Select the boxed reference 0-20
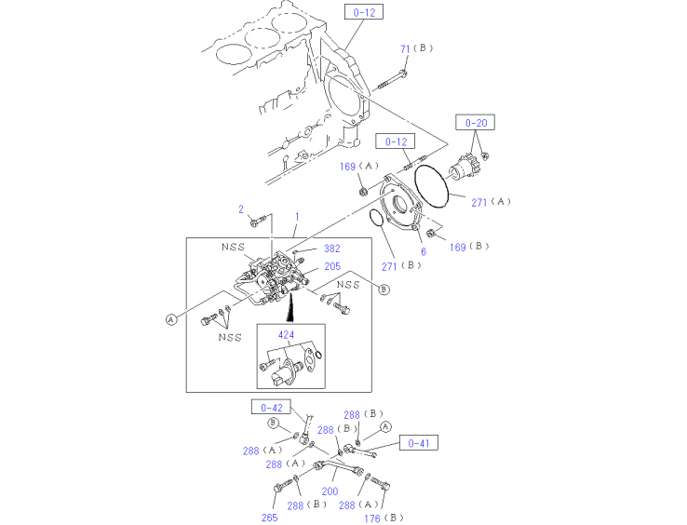[475, 122]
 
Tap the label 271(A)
[492, 201]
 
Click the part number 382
[332, 249]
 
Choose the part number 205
[332, 267]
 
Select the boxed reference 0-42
[271, 407]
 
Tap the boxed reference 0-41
[419, 443]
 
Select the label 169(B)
[470, 247]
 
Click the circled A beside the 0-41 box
[384, 426]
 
